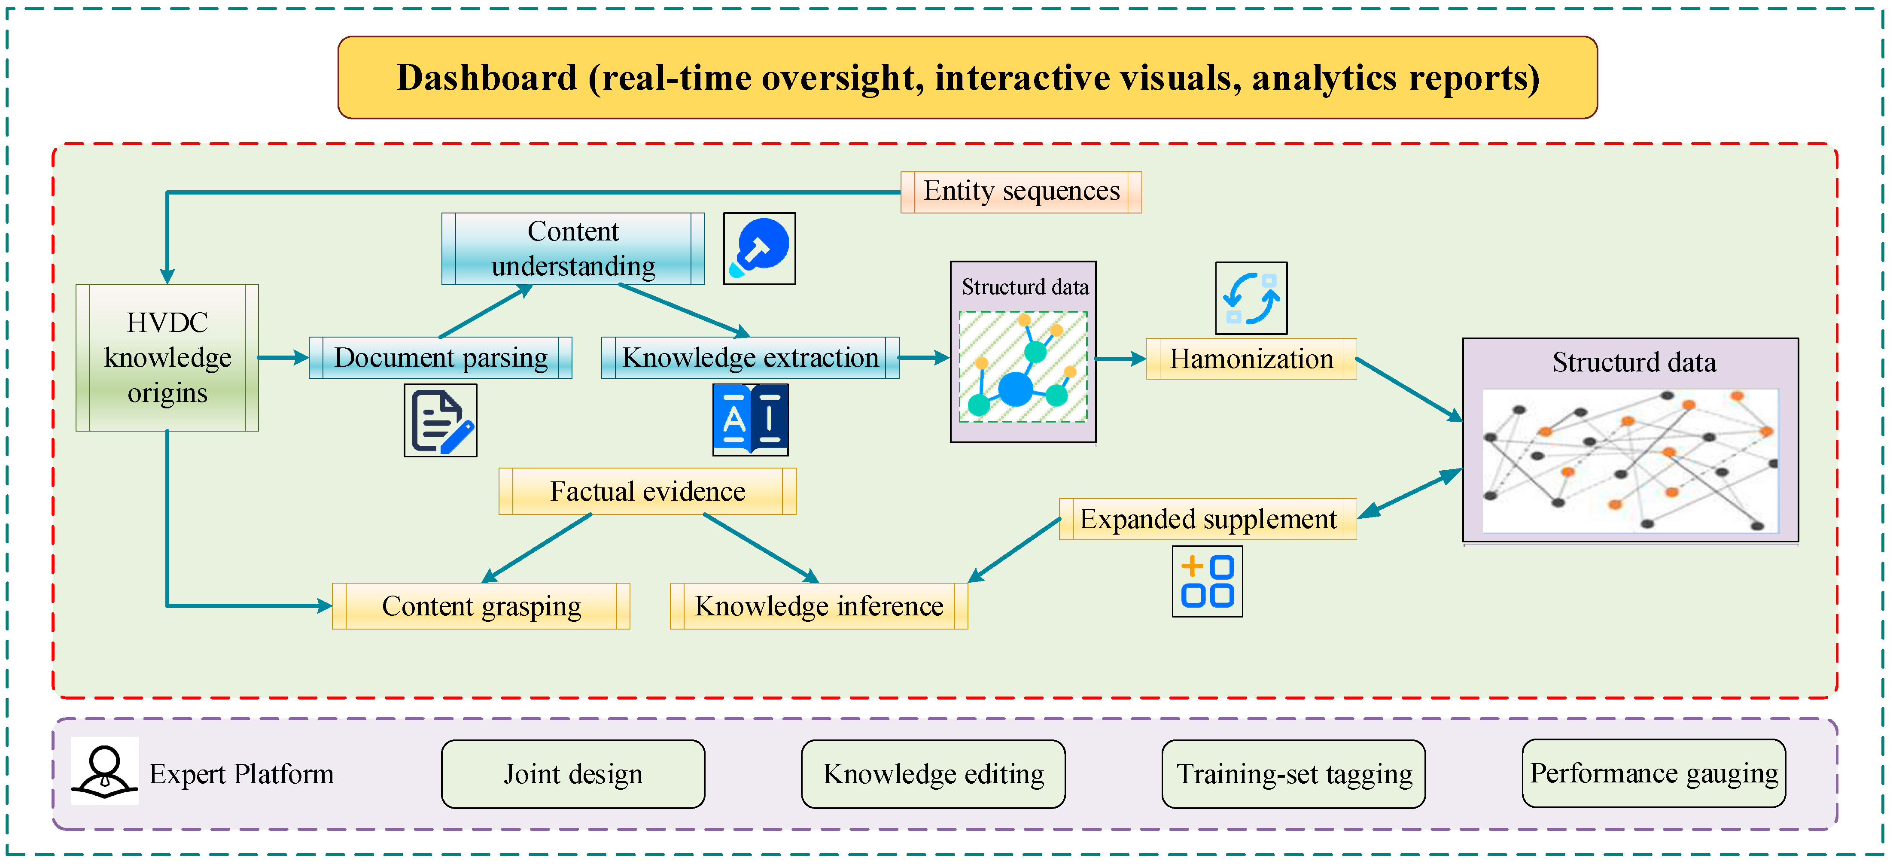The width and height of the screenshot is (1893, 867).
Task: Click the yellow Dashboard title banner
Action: click(967, 78)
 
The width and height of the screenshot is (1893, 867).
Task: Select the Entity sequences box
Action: click(1021, 192)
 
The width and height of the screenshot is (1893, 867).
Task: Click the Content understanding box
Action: click(573, 248)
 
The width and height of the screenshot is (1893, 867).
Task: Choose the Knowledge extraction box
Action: click(749, 358)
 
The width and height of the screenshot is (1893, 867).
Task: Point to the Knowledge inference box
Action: click(819, 606)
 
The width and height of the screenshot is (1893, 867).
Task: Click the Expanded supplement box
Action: click(1207, 520)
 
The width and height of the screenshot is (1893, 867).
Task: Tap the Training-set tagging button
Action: click(1293, 774)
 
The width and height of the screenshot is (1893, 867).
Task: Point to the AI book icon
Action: click(750, 420)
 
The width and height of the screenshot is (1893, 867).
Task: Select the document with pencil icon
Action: click(440, 420)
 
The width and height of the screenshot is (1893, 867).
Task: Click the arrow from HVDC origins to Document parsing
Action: click(283, 358)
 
